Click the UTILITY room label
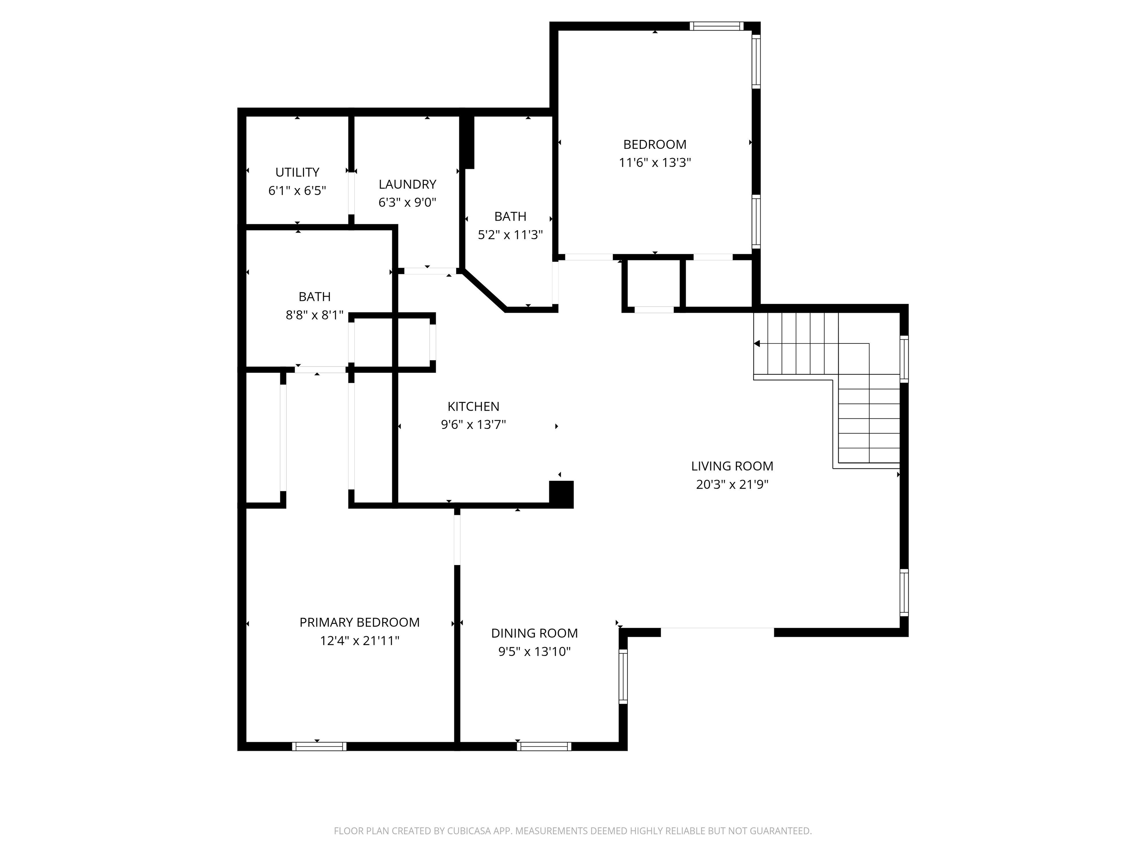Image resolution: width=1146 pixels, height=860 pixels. click(297, 172)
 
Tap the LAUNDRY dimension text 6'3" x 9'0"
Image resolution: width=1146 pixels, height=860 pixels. click(407, 202)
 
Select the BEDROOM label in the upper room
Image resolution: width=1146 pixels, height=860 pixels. click(654, 144)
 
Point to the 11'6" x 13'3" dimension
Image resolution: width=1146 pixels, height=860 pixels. click(654, 163)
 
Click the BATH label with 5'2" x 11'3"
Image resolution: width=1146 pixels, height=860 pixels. click(510, 216)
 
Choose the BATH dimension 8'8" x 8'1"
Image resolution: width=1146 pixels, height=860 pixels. click(314, 315)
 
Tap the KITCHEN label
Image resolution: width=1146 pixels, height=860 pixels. click(473, 406)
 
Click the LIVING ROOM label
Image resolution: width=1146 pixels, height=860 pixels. click(732, 466)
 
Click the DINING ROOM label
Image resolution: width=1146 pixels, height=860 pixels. click(534, 633)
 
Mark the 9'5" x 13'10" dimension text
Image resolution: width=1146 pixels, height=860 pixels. click(534, 652)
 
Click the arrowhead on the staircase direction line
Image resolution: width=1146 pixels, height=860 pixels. click(757, 344)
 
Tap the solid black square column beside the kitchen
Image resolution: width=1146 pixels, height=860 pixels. click(561, 494)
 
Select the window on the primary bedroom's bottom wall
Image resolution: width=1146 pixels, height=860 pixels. click(319, 747)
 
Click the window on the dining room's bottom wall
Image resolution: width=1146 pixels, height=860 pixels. click(544, 747)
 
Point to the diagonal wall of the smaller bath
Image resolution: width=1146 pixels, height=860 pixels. click(485, 290)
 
